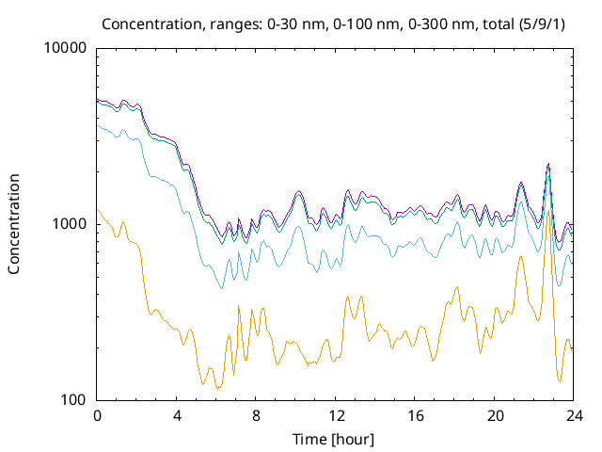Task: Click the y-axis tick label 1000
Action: (x=71, y=224)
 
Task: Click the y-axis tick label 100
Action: (x=75, y=400)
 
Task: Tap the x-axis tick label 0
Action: (x=97, y=415)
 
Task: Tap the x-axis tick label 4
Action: (x=177, y=415)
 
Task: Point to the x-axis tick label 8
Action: (x=256, y=415)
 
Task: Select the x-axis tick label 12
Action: (x=336, y=415)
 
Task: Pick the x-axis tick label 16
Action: (x=415, y=415)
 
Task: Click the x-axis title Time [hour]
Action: (x=335, y=439)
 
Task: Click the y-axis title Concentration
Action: (x=14, y=224)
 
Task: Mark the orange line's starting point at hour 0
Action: (x=98, y=209)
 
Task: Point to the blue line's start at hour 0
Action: (x=98, y=123)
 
